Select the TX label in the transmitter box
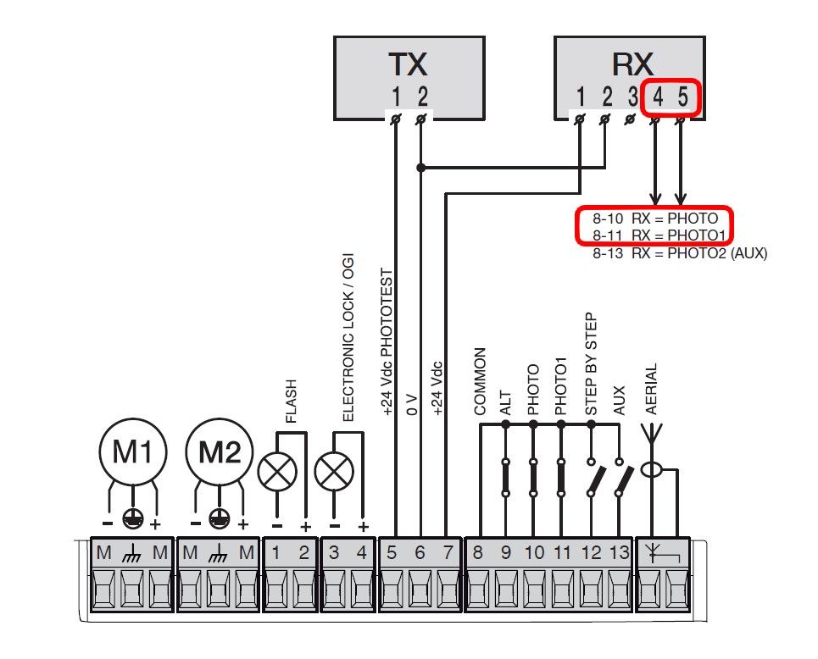pos(408,64)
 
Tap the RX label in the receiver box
pos(632,64)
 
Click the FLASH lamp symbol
pos(277,472)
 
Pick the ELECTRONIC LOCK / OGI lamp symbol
pos(334,472)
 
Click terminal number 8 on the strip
pos(478,552)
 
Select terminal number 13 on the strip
pos(620,552)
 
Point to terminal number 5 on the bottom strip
pos(392,552)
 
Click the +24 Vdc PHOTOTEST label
pos(387,342)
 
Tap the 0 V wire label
pos(412,405)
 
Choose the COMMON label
pos(480,382)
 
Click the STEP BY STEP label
pos(591,364)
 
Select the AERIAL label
pos(651,389)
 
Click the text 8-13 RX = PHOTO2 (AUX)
pos(680,253)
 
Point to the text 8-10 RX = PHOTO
pos(655,219)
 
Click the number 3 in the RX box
pos(633,97)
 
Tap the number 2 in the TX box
pos(423,97)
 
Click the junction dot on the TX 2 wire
pos(421,168)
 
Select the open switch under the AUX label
pos(623,478)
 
